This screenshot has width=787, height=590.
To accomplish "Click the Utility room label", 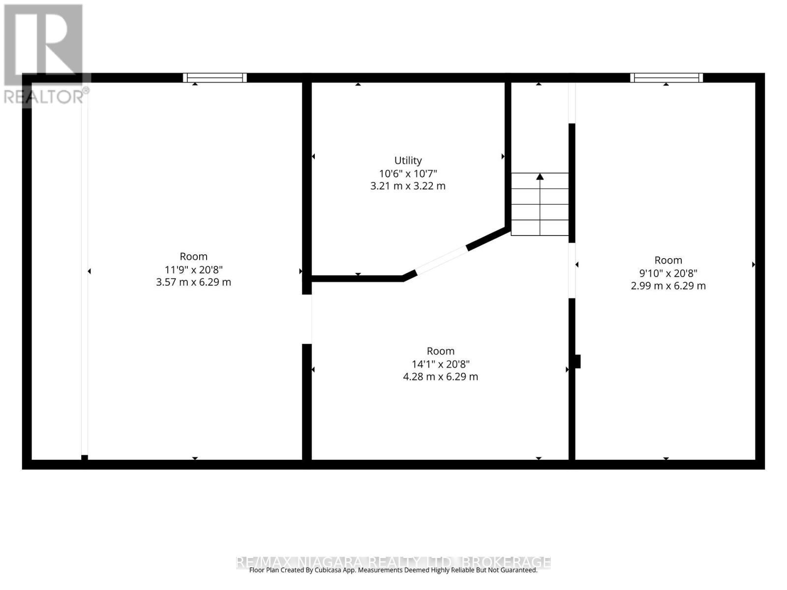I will [x=408, y=160].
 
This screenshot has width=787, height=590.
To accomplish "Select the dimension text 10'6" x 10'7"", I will [x=408, y=174].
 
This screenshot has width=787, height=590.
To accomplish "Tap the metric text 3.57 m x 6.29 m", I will [x=193, y=282].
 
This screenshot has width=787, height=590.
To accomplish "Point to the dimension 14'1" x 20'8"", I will [x=441, y=364].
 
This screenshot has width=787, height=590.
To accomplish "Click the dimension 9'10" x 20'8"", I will [x=668, y=273].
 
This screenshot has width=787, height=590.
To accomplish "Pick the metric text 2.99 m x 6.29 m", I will [x=668, y=286].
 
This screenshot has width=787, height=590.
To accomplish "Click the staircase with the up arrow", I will [x=540, y=204].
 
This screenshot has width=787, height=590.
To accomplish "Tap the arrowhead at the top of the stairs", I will [x=540, y=176].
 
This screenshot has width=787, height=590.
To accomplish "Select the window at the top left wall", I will [x=215, y=78].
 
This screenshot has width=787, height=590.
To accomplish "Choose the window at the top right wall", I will [x=666, y=78].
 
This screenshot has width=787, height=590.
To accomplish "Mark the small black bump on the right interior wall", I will [x=578, y=361].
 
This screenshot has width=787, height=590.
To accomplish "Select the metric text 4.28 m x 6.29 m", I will [x=441, y=377].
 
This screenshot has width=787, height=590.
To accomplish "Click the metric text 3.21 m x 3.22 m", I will [x=408, y=186].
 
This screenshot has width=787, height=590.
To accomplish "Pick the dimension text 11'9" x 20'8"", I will [x=193, y=269].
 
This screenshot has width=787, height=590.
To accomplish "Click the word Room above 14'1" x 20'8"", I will [x=441, y=351].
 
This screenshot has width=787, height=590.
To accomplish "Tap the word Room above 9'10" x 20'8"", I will [x=668, y=260].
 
